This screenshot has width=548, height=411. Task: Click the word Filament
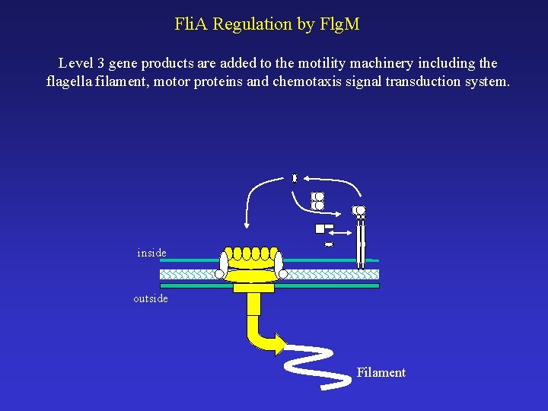[381, 372]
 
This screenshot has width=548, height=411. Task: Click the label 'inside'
[151, 253]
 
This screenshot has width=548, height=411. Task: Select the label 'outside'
[151, 298]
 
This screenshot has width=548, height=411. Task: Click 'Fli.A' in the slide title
[191, 24]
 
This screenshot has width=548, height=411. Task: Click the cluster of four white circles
[317, 201]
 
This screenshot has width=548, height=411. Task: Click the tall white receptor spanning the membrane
[361, 240]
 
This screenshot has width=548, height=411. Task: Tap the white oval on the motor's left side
[223, 263]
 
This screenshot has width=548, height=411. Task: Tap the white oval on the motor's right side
[280, 263]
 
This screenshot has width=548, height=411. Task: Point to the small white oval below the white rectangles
[329, 244]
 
